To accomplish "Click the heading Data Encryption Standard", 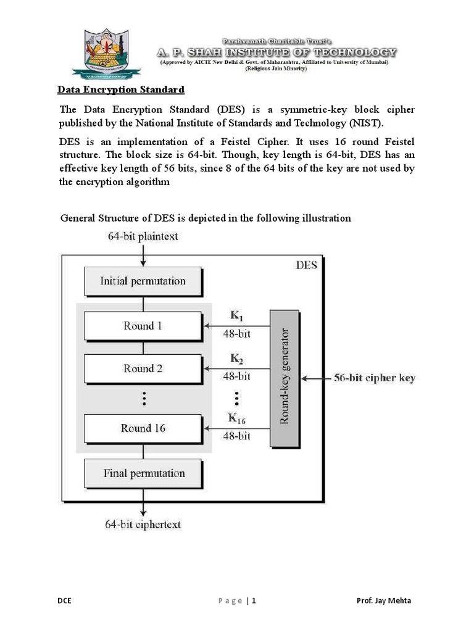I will [x=121, y=90].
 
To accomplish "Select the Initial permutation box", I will [x=143, y=281].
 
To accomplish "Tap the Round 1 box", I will [x=143, y=326].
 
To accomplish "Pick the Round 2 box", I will [x=143, y=368].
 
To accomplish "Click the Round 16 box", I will [x=143, y=428].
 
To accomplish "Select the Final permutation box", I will [x=143, y=473].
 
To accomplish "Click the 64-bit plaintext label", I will [x=143, y=236].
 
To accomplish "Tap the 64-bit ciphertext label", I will [x=143, y=525].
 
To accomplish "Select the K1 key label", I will [x=237, y=317].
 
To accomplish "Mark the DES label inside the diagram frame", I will [x=306, y=265].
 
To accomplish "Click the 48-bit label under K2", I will [x=236, y=376].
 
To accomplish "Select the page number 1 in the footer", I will [x=253, y=601].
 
